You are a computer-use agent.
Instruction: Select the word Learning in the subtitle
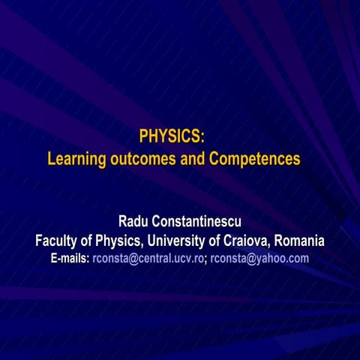pos(73,159)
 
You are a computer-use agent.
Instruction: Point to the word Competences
pos(254,159)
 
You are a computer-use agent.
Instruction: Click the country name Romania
pos(299,241)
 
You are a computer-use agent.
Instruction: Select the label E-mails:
pos(70,259)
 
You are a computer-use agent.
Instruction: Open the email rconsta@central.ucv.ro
pos(148,259)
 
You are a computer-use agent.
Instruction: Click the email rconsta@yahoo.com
pos(259,259)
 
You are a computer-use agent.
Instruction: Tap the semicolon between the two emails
pos(206,259)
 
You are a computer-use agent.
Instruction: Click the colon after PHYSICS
pos(202,137)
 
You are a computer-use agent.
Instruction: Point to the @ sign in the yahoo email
pos(252,259)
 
